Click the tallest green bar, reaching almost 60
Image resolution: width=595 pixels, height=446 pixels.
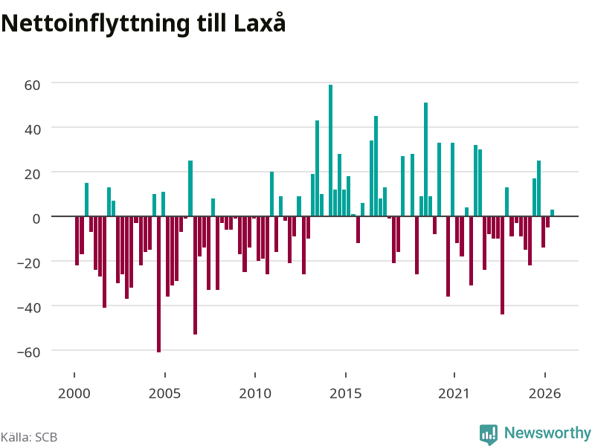[x=330, y=151]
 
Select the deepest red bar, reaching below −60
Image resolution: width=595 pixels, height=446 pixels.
[x=158, y=284]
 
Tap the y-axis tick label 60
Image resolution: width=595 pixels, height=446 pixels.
[x=32, y=85]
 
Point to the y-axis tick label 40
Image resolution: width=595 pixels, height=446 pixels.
[x=32, y=129]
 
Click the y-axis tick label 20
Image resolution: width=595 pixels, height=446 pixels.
[x=32, y=174]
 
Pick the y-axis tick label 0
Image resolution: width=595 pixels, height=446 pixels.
[x=36, y=219]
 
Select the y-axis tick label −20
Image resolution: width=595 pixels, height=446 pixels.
[x=29, y=263]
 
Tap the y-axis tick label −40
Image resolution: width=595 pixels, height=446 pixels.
[x=29, y=308]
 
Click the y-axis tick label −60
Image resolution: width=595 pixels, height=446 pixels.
[x=29, y=352]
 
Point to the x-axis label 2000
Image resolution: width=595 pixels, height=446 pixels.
[x=74, y=393]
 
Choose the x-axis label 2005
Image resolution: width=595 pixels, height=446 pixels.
[x=164, y=393]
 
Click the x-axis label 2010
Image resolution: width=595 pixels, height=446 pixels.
[x=255, y=393]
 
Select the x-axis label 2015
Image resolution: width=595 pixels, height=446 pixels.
[x=346, y=393]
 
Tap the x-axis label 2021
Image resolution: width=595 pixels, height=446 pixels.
[x=454, y=393]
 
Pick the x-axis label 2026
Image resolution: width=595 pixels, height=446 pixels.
[x=545, y=393]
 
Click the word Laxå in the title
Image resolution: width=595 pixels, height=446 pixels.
[x=260, y=23]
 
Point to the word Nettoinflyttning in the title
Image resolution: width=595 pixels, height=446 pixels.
[x=95, y=25]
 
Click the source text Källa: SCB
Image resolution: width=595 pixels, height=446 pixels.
[x=29, y=437]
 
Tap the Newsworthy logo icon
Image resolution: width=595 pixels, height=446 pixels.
[x=489, y=434]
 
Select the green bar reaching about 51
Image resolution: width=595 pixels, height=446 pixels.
[x=425, y=159]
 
